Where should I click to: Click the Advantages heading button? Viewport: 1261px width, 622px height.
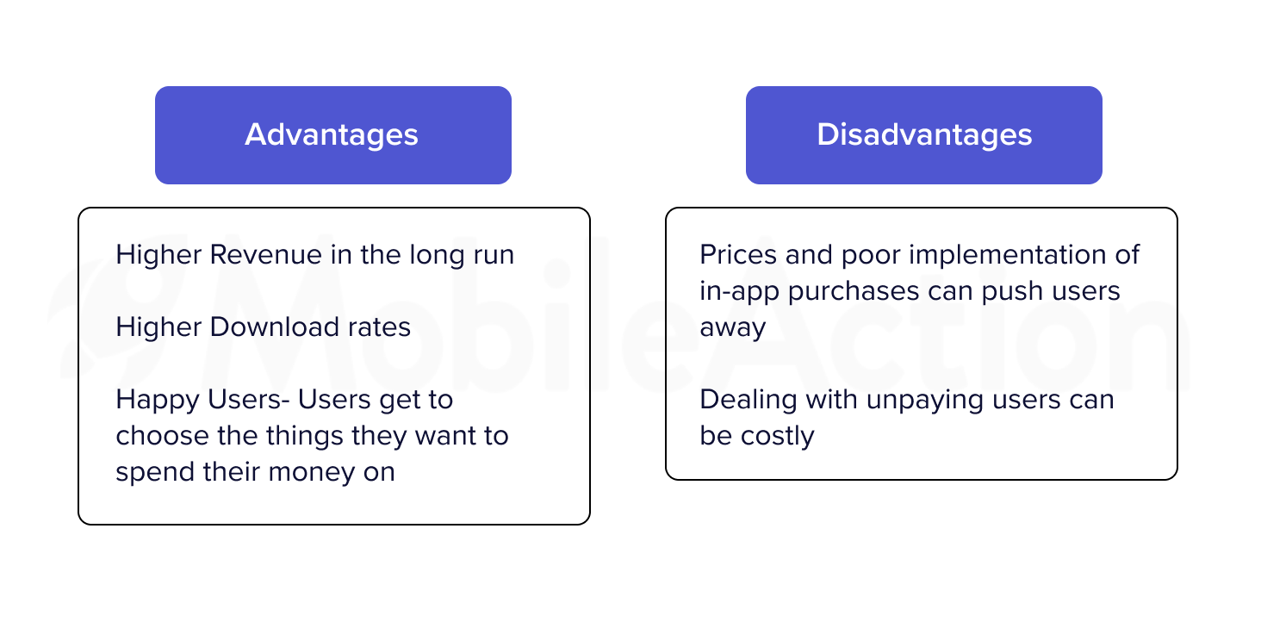pos(333,135)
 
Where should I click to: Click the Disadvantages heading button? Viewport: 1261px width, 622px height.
pos(924,135)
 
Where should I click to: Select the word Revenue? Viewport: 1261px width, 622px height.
pos(265,254)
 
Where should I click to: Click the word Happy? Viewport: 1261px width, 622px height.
pos(158,401)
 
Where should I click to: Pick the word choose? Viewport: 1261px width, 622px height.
pos(163,436)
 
